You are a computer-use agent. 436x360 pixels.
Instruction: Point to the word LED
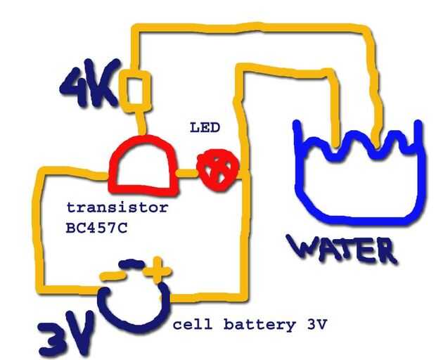point(205,128)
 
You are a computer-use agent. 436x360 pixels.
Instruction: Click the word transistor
point(117,207)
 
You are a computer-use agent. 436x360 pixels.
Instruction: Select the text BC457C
point(97,229)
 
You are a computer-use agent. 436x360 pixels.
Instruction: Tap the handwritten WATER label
point(342,249)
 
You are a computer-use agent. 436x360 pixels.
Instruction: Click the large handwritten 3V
point(67,333)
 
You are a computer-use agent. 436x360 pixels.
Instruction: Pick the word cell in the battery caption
point(192,324)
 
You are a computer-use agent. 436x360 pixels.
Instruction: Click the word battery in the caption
point(259,325)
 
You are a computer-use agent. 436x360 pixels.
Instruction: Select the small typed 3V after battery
point(316,324)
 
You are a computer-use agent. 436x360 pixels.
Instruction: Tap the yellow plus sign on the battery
point(157,270)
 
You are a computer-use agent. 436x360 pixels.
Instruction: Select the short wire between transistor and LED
point(187,173)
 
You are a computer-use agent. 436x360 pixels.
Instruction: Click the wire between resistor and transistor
point(141,123)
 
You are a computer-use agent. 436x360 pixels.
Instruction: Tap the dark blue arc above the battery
point(132,263)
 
